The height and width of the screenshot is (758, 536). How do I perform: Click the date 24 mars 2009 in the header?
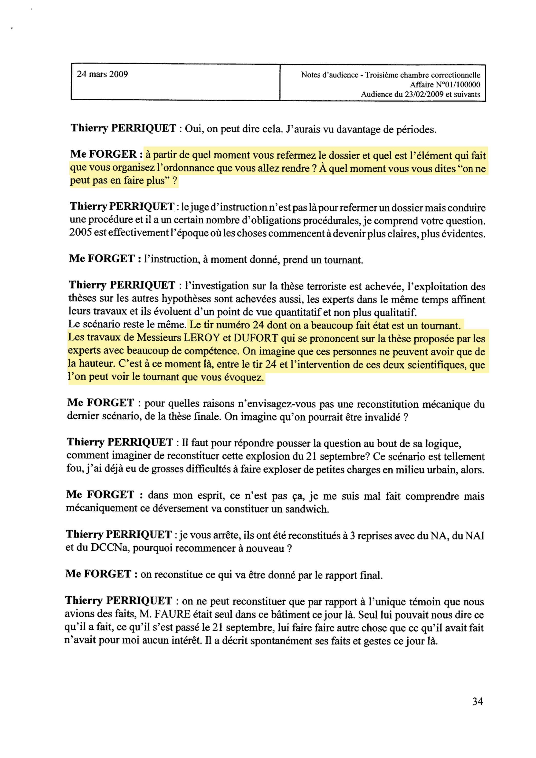[102, 74]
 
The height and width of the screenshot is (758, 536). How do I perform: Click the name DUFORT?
[256, 338]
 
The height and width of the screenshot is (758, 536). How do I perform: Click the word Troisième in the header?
[382, 75]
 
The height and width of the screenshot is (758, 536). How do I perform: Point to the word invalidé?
[382, 417]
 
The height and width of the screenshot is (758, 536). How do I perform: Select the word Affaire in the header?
[421, 85]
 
